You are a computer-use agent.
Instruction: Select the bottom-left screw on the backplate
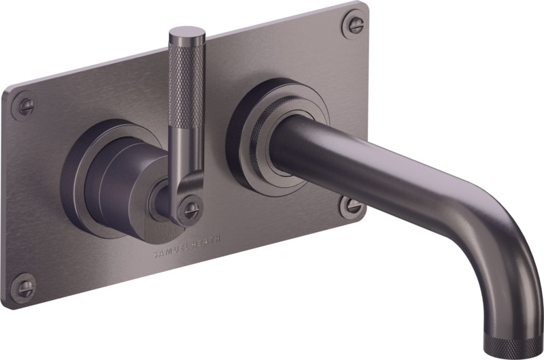24,288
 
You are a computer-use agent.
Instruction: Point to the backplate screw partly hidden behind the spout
351,206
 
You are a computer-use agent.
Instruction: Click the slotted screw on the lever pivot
190,208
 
